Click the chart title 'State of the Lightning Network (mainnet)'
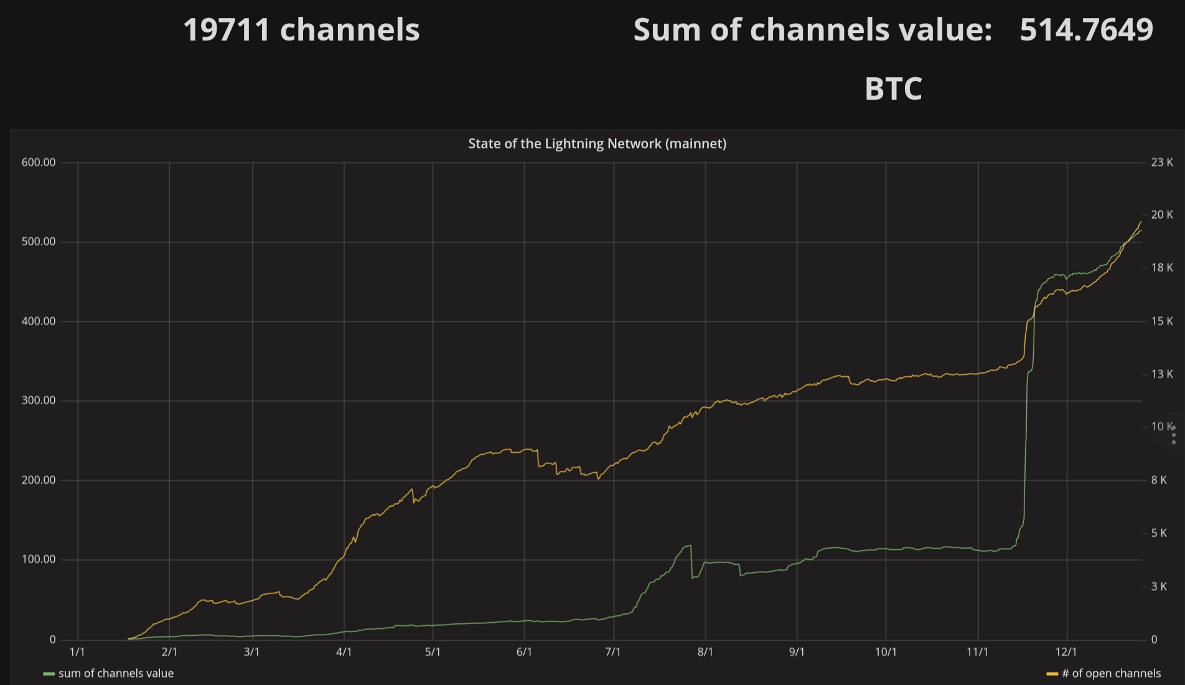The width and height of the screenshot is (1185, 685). (597, 144)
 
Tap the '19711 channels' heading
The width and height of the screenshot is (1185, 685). (301, 30)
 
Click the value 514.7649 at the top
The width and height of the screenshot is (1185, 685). (1086, 30)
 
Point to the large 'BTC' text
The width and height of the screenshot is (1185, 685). (893, 89)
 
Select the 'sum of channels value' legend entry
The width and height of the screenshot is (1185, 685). (115, 673)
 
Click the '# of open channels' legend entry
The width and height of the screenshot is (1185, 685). (1110, 673)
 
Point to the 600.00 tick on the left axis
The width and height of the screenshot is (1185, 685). (39, 163)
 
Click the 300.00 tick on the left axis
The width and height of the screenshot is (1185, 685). (39, 400)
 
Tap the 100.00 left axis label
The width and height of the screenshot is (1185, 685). (39, 559)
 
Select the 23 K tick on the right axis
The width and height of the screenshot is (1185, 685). (1161, 163)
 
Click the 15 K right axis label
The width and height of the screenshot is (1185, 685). (1161, 321)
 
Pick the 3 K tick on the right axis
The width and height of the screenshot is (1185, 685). (1158, 587)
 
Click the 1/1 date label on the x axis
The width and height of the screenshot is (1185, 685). (77, 652)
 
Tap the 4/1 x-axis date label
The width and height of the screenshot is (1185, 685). (344, 652)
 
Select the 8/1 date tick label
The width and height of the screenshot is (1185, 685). (705, 652)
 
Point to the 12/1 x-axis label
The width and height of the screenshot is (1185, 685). (1066, 652)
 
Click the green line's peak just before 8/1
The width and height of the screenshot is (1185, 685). (690, 546)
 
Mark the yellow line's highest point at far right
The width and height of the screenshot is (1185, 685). (1141, 222)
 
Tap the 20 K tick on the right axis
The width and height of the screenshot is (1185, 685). (1161, 215)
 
